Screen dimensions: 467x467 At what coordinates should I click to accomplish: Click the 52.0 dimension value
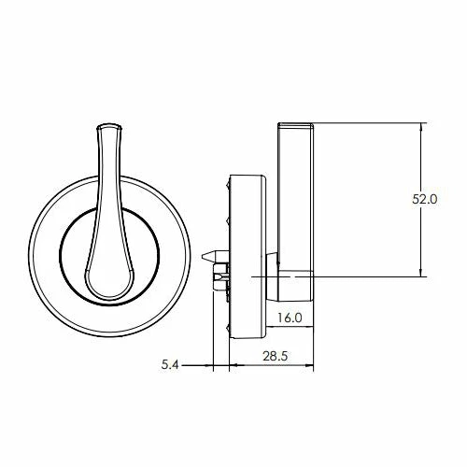pos(425,199)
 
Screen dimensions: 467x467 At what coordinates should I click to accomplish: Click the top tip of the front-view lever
pos(109,125)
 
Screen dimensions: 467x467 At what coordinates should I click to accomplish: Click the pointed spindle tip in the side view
pos(203,254)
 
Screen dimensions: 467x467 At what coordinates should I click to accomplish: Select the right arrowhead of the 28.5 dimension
pos(311,366)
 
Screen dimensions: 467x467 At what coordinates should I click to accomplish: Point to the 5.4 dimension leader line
pos(191,366)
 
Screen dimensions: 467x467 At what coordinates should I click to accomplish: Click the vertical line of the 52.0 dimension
pos(425,233)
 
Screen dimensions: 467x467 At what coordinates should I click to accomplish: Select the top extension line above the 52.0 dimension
pos(374,123)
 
